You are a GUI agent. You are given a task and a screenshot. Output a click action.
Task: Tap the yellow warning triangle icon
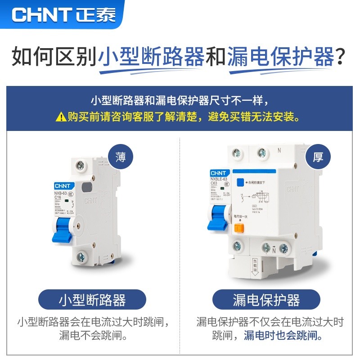61,117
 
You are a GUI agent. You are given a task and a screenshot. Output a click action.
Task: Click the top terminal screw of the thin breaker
81,165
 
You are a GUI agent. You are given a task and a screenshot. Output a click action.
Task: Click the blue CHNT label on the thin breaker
60,185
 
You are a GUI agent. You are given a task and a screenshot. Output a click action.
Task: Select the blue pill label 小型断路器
92,300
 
